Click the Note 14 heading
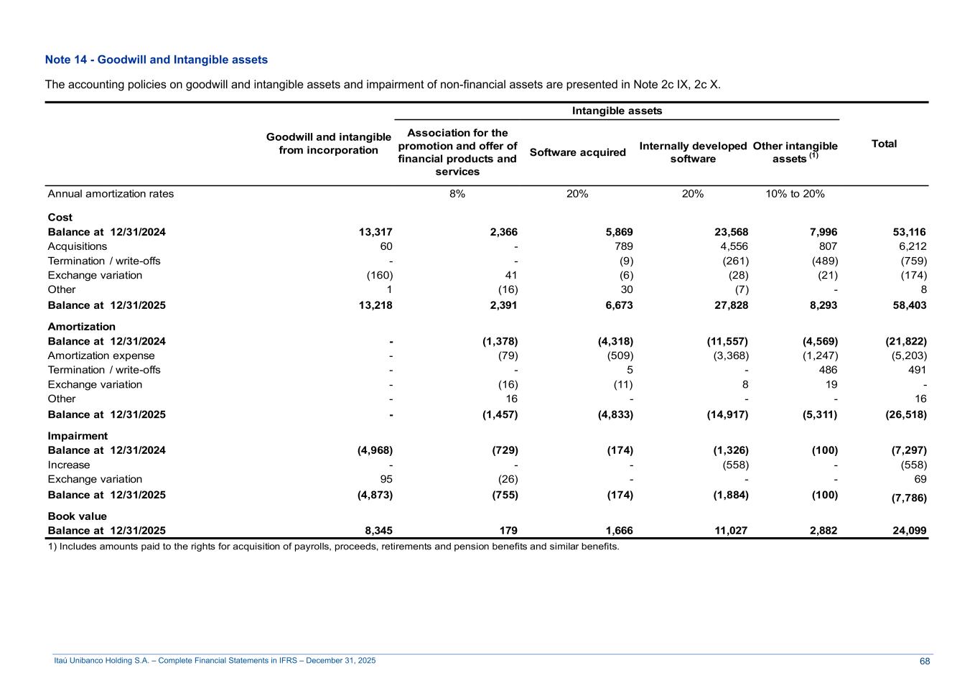pyautogui.click(x=156, y=60)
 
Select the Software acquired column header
pyautogui.click(x=577, y=152)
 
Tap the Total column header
pyautogui.click(x=884, y=144)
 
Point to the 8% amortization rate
pyautogui.click(x=457, y=194)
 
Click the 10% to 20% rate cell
pyautogui.click(x=795, y=194)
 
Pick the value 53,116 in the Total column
pyautogui.click(x=910, y=232)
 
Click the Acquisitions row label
pyautogui.click(x=78, y=246)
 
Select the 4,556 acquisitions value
pyautogui.click(x=734, y=246)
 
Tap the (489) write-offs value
pyautogui.click(x=823, y=261)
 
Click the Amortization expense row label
pyautogui.click(x=101, y=355)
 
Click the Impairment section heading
pyautogui.click(x=78, y=436)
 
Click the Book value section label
pyautogui.click(x=77, y=516)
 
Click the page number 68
pyautogui.click(x=925, y=661)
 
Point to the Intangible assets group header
pyautogui.click(x=617, y=111)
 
